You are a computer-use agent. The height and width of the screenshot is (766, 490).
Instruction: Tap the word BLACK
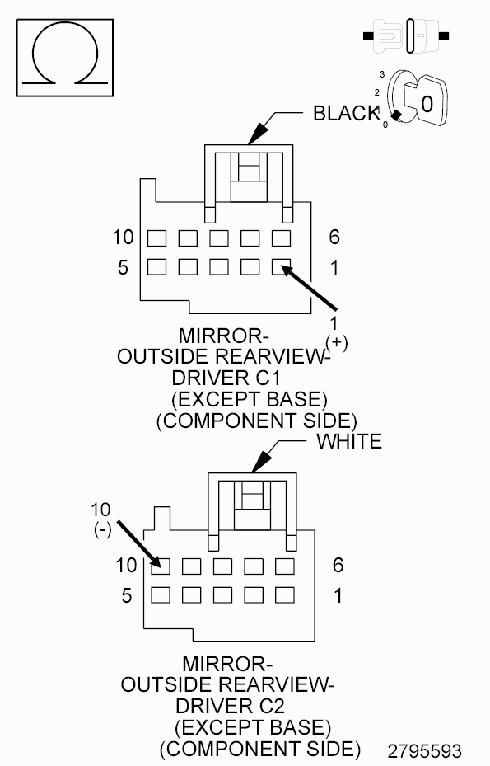coord(346,113)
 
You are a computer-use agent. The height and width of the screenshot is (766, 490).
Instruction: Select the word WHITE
coord(349,441)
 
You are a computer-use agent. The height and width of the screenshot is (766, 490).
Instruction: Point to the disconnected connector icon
coord(406,35)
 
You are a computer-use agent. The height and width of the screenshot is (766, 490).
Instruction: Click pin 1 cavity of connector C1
coord(281,266)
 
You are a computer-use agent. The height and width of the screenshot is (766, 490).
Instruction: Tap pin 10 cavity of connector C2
coord(161,566)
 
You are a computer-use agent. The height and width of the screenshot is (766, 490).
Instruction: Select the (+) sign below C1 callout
coord(337,342)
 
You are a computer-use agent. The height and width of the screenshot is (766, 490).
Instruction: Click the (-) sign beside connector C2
coord(102,529)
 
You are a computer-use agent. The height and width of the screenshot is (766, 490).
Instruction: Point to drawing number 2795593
coord(425,751)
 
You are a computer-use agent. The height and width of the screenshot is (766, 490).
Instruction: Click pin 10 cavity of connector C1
coord(156,238)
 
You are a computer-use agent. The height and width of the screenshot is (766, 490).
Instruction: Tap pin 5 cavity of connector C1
coord(156,266)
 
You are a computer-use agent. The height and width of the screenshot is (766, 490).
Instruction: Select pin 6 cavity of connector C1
coord(281,238)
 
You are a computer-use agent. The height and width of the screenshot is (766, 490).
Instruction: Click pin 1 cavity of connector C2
coord(285,595)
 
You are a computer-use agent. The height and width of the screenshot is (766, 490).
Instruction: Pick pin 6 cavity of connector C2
coord(285,566)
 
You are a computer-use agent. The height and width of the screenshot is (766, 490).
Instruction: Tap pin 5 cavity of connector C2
coord(161,595)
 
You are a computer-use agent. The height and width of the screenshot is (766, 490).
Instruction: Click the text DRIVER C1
coord(226,378)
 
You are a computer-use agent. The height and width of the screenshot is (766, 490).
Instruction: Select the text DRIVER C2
coord(230,707)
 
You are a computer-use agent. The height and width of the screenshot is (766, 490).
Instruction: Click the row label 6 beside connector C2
coord(338,565)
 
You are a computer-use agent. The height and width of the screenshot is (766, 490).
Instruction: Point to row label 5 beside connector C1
coord(123,267)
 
